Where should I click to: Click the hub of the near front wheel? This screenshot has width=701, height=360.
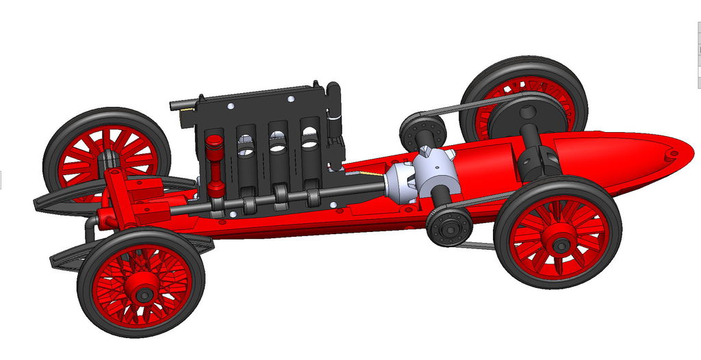143,294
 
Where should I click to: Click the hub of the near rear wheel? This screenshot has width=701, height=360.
560,244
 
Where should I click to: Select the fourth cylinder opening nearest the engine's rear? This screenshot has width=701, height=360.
310,140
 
